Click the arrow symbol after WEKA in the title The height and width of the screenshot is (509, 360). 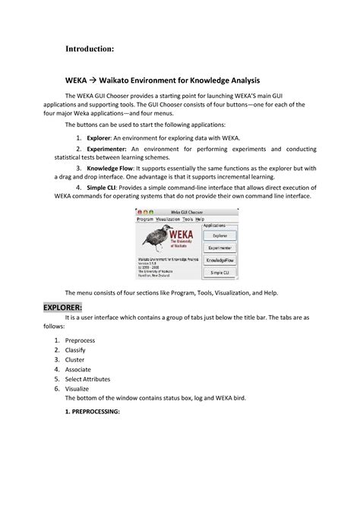(96, 79)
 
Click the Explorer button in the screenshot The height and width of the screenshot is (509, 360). (219, 236)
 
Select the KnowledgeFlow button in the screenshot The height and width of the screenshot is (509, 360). (219, 259)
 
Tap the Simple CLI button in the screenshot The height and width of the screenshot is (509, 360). (219, 271)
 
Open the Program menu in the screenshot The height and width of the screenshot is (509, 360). (145, 219)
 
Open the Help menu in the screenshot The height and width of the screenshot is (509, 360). (200, 219)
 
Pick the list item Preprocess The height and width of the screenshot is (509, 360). (80, 340)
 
